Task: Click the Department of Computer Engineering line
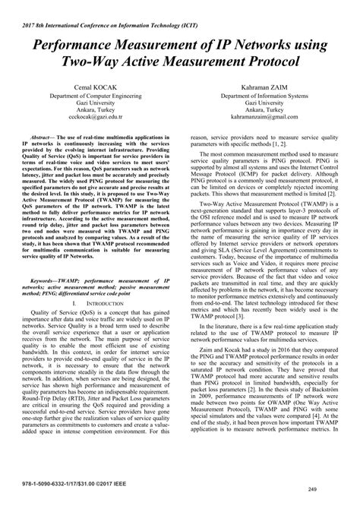[x=93, y=99]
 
